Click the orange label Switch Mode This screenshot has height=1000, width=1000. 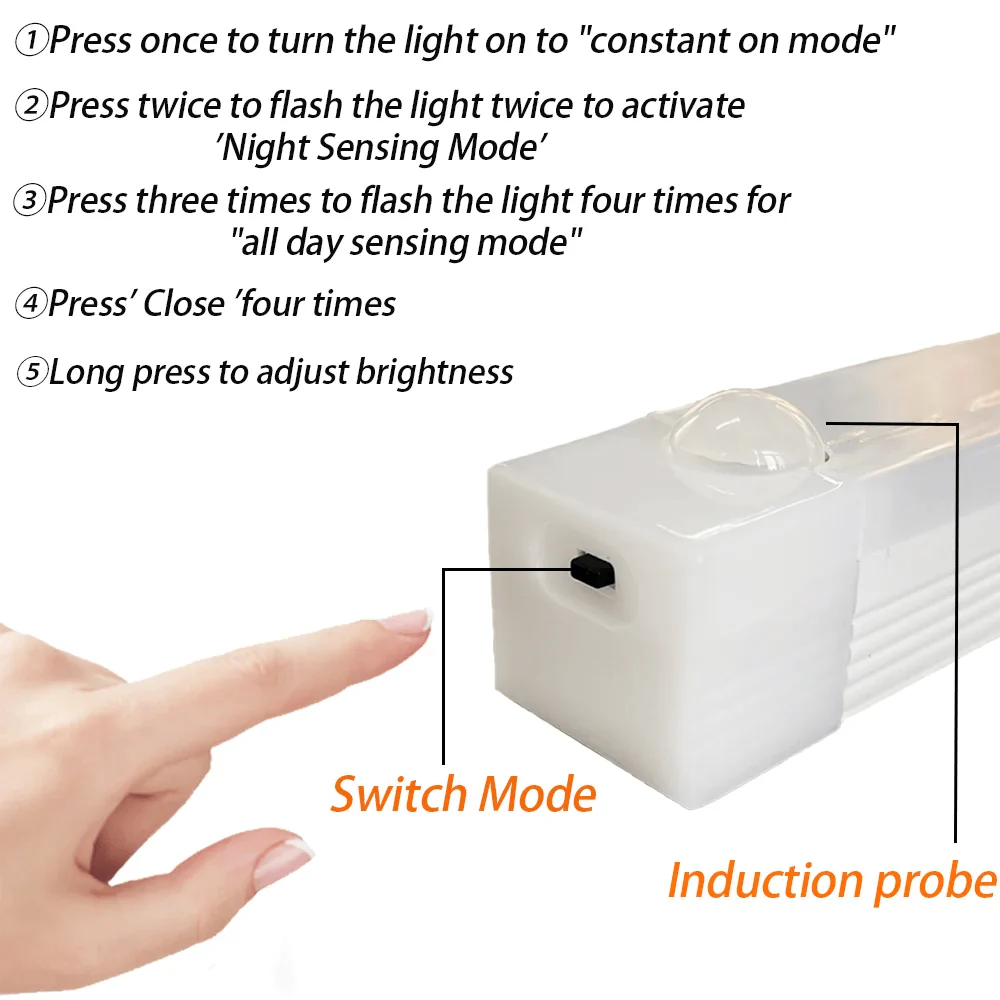tap(463, 794)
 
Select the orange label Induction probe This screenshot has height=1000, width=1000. tap(832, 880)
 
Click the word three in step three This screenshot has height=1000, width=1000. tap(177, 200)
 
